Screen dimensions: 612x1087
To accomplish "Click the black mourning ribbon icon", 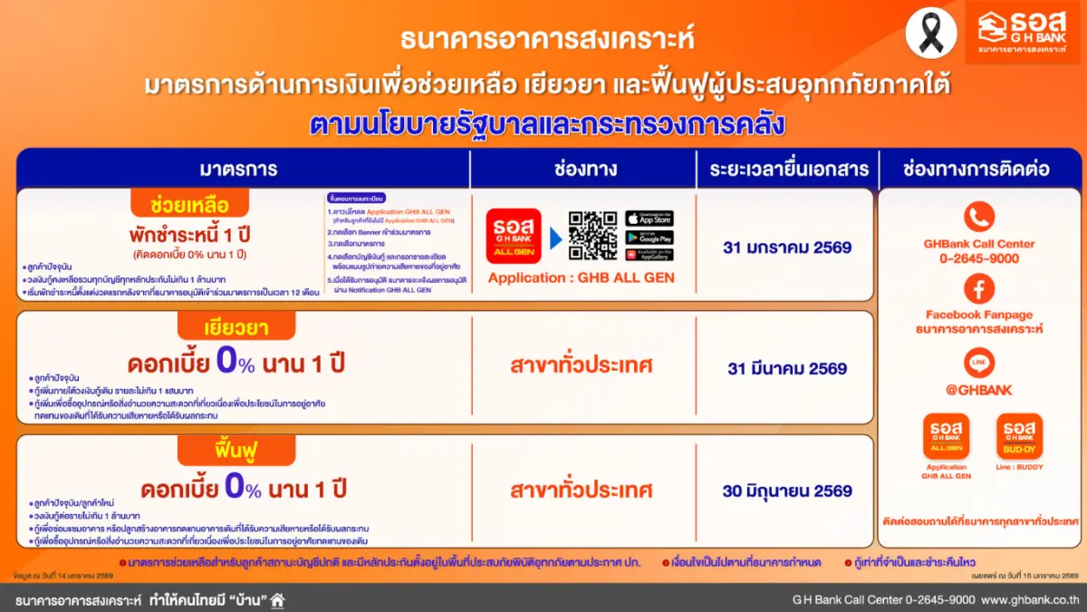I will [x=931, y=32].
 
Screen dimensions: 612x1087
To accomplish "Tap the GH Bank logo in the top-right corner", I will [x=1021, y=33].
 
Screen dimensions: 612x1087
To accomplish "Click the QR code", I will [x=592, y=236].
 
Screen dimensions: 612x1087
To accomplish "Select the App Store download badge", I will [x=649, y=219].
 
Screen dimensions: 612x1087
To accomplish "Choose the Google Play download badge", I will [x=649, y=237].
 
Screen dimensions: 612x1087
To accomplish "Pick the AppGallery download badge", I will [x=649, y=255].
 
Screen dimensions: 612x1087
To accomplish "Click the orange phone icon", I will [x=978, y=217].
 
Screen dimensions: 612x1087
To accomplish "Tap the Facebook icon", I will [x=978, y=289].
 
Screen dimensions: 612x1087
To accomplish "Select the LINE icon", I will [x=978, y=363].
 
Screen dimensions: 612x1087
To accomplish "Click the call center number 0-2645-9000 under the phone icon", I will [x=978, y=258].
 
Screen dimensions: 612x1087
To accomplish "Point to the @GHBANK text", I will [x=978, y=390].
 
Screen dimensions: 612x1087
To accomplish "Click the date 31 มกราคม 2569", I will [x=786, y=247].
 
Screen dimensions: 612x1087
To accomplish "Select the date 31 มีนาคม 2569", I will [x=786, y=369].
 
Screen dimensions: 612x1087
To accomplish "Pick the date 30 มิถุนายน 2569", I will [x=786, y=491].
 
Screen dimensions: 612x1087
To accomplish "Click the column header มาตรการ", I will [x=238, y=169].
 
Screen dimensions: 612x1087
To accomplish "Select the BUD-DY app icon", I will [x=1019, y=436].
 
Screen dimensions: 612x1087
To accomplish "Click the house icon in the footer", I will [x=277, y=599].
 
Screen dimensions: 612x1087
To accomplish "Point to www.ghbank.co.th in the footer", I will [x=1030, y=599].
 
